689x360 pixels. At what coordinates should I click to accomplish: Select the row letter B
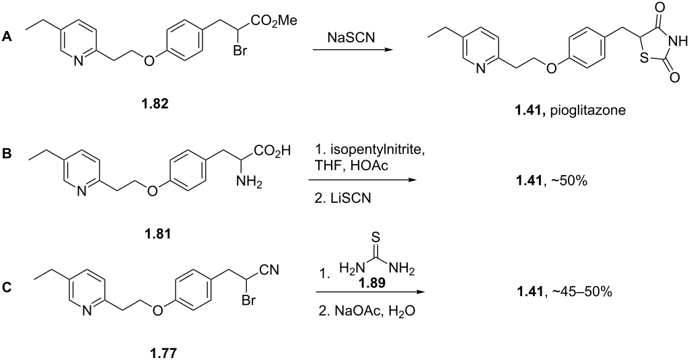click(7, 155)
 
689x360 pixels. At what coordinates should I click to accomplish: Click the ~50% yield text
click(572, 180)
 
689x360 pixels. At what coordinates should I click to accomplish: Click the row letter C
click(7, 288)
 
